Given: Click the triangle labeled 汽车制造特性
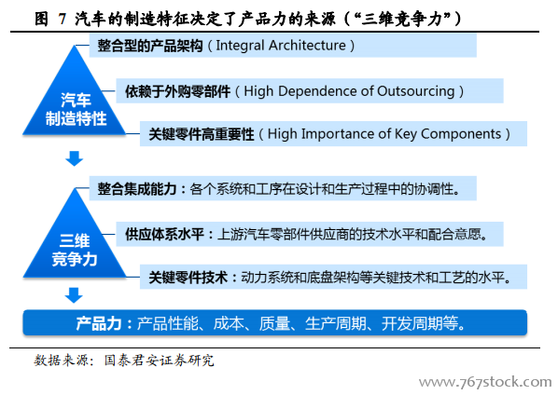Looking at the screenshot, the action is tap(75, 103).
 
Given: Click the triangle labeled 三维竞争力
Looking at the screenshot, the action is tap(75, 245).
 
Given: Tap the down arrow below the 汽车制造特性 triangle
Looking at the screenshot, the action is tap(74, 158).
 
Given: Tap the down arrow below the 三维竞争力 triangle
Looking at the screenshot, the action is tap(74, 295).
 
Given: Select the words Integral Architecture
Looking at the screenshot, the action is tap(281, 46).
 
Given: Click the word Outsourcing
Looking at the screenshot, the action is tap(416, 91).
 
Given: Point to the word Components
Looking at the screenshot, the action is tap(461, 134).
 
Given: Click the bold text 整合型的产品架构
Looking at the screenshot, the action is tap(150, 46).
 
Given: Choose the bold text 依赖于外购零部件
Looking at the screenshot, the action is tap(177, 91).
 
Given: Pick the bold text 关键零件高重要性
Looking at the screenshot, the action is tap(201, 135).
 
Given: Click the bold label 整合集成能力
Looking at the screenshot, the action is tap(137, 188).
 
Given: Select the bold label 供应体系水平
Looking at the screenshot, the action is tap(164, 235).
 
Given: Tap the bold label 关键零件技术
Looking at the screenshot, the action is tap(188, 278).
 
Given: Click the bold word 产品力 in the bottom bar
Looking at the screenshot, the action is tap(99, 323).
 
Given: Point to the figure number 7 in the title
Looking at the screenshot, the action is tap(63, 19).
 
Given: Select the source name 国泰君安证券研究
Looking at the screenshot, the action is tap(159, 361).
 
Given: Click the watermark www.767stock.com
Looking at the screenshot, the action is tap(485, 382).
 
